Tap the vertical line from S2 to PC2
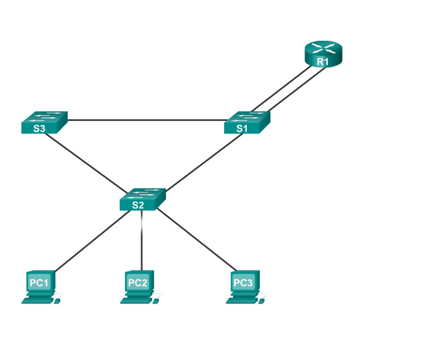[142, 240]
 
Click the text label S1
[242, 128]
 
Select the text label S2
[137, 205]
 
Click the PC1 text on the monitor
[39, 282]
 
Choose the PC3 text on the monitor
[242, 282]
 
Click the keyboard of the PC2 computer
[135, 300]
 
